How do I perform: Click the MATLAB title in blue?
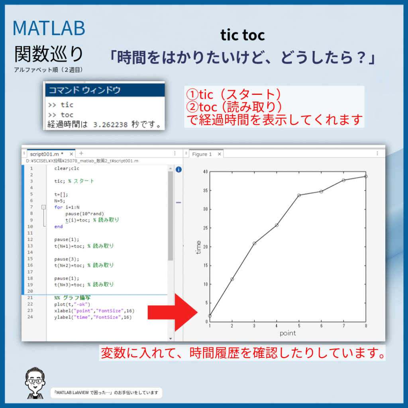pos(49,28)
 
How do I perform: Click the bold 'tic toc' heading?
pos(243,35)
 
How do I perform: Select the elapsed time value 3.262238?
pos(110,125)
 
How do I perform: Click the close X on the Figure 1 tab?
pos(220,154)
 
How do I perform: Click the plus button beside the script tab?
pos(81,153)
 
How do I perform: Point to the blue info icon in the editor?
pos(178,169)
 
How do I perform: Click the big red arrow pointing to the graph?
pos(173,312)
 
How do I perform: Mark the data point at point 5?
pos(299,195)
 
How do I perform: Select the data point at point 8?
pos(366,177)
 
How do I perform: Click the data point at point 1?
pos(210,316)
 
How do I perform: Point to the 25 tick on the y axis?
pos(206,228)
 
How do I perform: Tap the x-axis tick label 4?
pos(277,326)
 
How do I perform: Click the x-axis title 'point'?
pos(288,333)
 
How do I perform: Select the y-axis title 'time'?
pos(198,247)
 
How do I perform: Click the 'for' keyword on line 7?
pos(58,207)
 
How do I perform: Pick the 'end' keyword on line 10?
pos(58,227)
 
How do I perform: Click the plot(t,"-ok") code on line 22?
pos(72,304)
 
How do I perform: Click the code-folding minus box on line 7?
pos(44,207)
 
